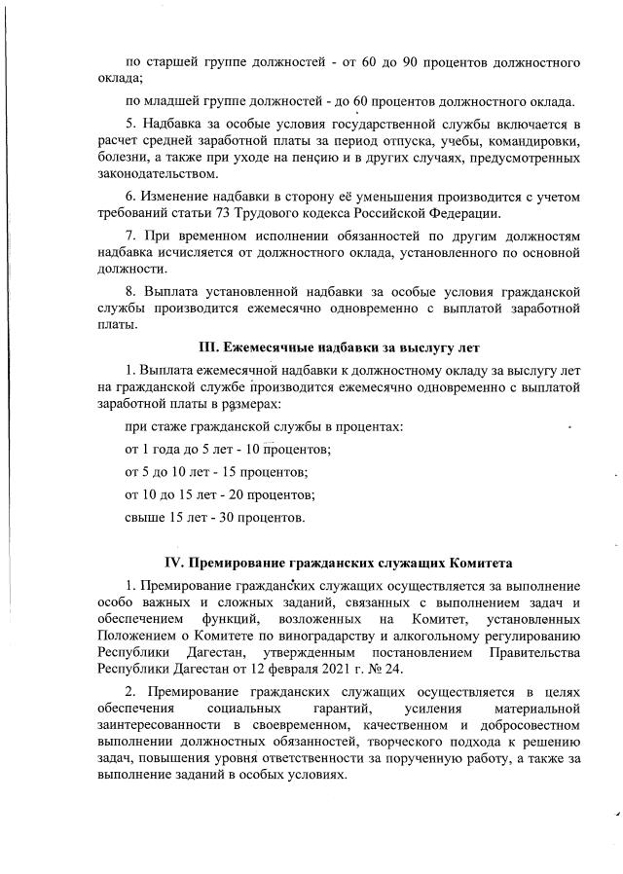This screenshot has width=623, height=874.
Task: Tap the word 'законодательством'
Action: tap(161, 174)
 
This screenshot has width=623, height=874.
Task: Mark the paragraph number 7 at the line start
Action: tap(132, 237)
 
